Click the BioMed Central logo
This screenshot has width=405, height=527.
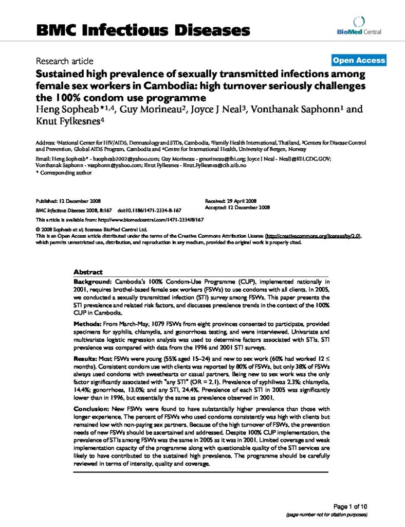coord(359,27)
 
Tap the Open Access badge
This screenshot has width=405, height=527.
coord(359,60)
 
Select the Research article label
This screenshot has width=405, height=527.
coord(64,61)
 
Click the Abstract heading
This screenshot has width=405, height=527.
coord(88,272)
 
